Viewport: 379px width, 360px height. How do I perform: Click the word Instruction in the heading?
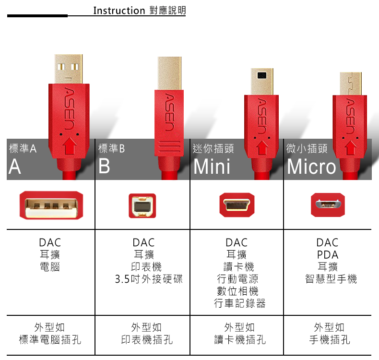tap(119, 11)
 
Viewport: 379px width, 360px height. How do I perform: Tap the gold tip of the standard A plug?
tap(69, 69)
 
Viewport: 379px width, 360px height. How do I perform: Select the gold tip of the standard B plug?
tap(169, 73)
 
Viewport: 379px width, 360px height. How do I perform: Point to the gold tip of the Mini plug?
tap(262, 82)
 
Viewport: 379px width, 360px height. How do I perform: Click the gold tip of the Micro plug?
tap(351, 84)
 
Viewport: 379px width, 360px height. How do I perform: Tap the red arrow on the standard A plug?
tap(70, 145)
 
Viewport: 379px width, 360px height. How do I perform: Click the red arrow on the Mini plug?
tap(262, 148)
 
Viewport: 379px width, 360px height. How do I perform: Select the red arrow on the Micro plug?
tap(351, 148)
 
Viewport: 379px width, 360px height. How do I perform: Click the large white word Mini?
tap(212, 167)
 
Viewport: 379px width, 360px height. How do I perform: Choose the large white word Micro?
tap(311, 167)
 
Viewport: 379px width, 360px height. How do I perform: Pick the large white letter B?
tap(104, 167)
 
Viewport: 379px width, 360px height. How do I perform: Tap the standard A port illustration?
tap(51, 205)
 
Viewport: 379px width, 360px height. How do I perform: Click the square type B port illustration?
tap(142, 206)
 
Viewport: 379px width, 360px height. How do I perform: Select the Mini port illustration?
tap(237, 205)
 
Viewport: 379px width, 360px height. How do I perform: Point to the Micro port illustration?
tap(328, 205)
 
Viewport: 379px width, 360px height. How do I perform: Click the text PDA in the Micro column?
tap(328, 254)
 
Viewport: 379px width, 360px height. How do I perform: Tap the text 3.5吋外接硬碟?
tap(149, 279)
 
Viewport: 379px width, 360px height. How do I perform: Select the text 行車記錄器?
tap(239, 303)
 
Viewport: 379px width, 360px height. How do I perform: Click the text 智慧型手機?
tap(331, 279)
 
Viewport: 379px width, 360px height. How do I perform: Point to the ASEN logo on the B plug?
tap(169, 112)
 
